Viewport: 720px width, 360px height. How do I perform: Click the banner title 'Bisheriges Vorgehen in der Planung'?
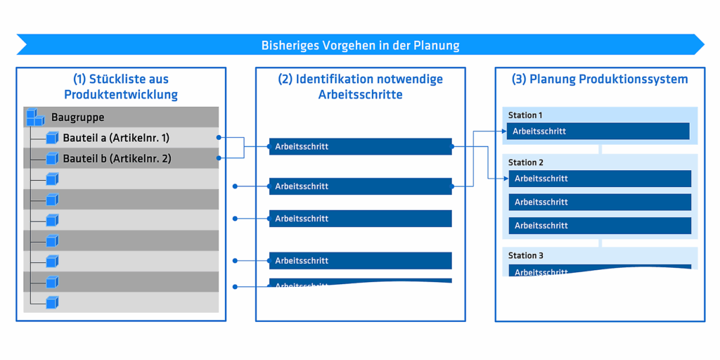[x=360, y=46]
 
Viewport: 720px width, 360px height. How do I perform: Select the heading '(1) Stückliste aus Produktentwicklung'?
[x=121, y=86]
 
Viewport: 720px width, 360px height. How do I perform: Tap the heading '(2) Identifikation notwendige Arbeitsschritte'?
[x=360, y=86]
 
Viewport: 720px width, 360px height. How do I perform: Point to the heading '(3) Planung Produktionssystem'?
[x=599, y=79]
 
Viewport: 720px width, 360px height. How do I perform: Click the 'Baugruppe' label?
[x=77, y=117]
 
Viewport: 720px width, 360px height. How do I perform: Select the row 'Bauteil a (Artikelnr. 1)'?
[x=116, y=138]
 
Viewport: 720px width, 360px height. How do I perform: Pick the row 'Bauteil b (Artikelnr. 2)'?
[x=117, y=158]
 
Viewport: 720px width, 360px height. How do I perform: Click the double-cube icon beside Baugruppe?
[x=35, y=117]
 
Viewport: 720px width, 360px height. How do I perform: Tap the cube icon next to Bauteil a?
[x=52, y=138]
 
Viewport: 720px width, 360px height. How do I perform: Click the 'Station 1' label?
[x=525, y=115]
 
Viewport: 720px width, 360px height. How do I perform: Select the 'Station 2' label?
[x=526, y=162]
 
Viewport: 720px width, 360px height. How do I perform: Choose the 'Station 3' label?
[x=526, y=256]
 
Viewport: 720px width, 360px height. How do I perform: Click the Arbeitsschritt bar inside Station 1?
[x=598, y=131]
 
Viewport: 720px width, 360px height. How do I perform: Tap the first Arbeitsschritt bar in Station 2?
[x=600, y=179]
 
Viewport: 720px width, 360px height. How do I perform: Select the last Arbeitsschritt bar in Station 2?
[x=600, y=226]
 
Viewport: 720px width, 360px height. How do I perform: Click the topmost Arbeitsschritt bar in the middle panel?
[x=360, y=146]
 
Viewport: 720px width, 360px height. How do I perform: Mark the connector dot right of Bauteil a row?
[x=219, y=138]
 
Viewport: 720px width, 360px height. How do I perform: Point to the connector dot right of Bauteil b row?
[x=219, y=158]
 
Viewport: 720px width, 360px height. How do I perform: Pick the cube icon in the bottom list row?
[x=52, y=302]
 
